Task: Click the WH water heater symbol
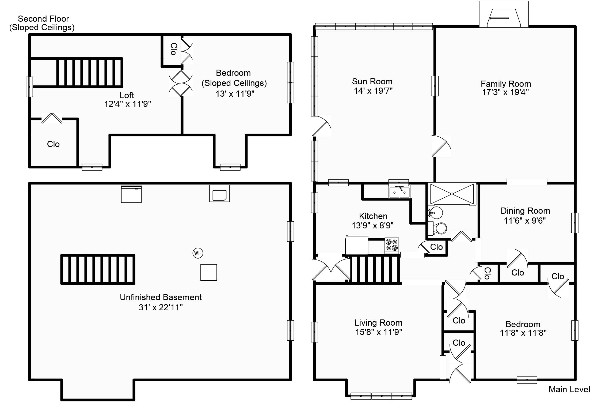click(198, 253)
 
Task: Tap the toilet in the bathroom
click(438, 228)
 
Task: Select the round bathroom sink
click(436, 213)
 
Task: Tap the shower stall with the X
click(452, 194)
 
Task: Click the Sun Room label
click(372, 81)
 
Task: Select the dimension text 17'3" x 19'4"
click(505, 92)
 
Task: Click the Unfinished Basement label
click(161, 297)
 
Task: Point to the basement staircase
click(98, 269)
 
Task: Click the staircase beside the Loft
click(89, 73)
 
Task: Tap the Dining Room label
click(525, 211)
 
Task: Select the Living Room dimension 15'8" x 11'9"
click(378, 332)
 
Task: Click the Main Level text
click(569, 389)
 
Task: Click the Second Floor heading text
click(43, 19)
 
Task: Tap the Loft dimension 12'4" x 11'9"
click(127, 104)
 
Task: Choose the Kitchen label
click(373, 216)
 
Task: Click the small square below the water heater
click(208, 272)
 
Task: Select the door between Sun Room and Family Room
click(441, 146)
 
